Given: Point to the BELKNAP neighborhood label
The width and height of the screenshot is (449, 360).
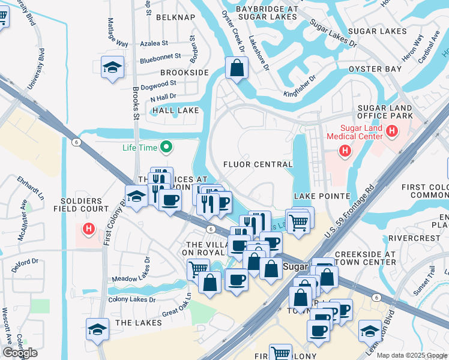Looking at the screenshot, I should click(x=175, y=17).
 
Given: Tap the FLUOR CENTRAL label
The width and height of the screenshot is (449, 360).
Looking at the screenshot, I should click(x=258, y=164).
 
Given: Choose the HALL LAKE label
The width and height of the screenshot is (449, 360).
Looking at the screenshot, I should click(x=175, y=110).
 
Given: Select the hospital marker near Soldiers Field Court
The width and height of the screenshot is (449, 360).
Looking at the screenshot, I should click(x=89, y=229).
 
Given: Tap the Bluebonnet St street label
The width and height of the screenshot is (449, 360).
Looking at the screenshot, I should click(x=160, y=56).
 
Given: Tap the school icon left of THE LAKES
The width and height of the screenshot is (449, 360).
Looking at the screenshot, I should click(x=97, y=329).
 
